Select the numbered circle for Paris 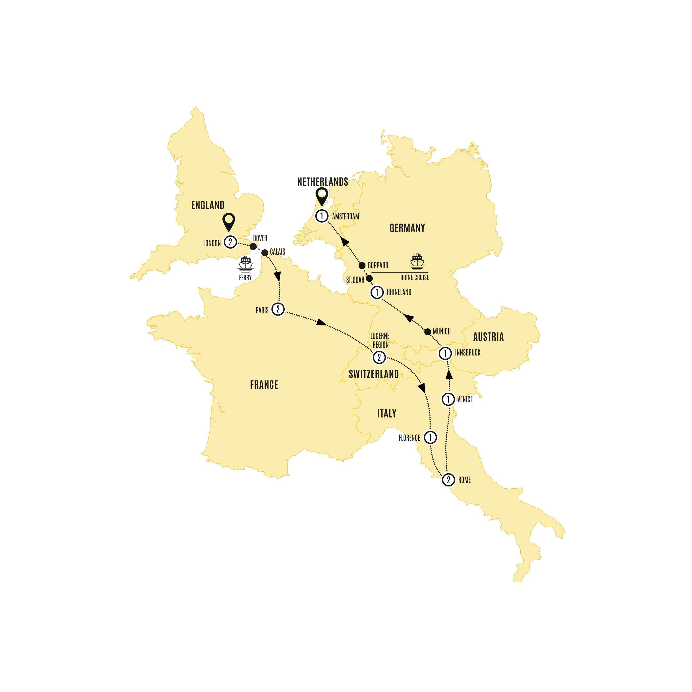[278, 309]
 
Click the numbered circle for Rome [448, 479]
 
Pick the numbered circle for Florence [430, 437]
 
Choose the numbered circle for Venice [448, 399]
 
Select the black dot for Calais [265, 253]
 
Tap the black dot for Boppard [362, 265]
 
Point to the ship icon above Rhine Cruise [417, 261]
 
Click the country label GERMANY [407, 228]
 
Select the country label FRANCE [264, 385]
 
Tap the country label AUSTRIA [488, 337]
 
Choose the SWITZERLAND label [373, 374]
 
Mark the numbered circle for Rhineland [377, 292]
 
